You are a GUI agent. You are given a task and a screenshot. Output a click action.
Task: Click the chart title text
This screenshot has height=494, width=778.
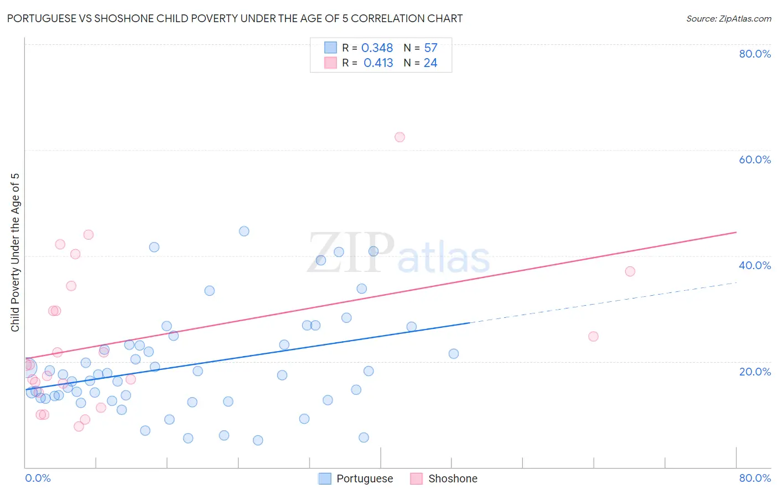pyautogui.click(x=235, y=18)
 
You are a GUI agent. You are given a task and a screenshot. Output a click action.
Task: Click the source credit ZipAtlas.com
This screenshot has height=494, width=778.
pyautogui.click(x=728, y=18)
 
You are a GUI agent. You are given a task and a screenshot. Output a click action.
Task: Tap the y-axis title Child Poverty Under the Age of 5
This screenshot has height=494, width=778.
pyautogui.click(x=15, y=253)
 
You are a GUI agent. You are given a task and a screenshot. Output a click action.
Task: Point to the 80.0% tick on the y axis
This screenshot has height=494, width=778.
pyautogui.click(x=755, y=54)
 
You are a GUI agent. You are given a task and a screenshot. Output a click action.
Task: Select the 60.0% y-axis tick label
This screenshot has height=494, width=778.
pyautogui.click(x=755, y=159)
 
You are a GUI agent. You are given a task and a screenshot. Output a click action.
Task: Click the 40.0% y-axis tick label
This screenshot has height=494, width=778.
pyautogui.click(x=755, y=265)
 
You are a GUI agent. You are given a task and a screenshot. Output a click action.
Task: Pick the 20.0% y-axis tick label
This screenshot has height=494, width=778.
pyautogui.click(x=755, y=372)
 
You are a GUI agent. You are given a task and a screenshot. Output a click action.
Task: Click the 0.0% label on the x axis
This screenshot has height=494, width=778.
pyautogui.click(x=38, y=478)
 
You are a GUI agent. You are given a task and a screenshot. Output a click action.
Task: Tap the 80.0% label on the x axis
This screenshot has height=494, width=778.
pyautogui.click(x=755, y=478)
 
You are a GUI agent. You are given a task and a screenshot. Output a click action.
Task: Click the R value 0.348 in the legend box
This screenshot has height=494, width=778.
pyautogui.click(x=377, y=48)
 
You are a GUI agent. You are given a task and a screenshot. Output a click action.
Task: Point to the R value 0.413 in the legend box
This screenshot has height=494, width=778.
pyautogui.click(x=378, y=63)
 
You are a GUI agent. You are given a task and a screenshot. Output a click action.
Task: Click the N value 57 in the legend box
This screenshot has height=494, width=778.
pyautogui.click(x=431, y=48)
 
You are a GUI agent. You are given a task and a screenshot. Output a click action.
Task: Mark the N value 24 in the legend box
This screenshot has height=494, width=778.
pyautogui.click(x=431, y=63)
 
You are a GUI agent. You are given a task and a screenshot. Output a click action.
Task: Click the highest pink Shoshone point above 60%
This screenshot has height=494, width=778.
pyautogui.click(x=400, y=137)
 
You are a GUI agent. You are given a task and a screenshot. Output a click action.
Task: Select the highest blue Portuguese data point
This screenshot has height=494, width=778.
pyautogui.click(x=244, y=231)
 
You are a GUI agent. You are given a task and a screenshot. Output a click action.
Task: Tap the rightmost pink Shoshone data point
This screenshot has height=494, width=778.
pyautogui.click(x=630, y=271)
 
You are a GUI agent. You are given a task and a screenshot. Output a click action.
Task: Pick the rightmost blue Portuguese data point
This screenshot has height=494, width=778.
pyautogui.click(x=454, y=353)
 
